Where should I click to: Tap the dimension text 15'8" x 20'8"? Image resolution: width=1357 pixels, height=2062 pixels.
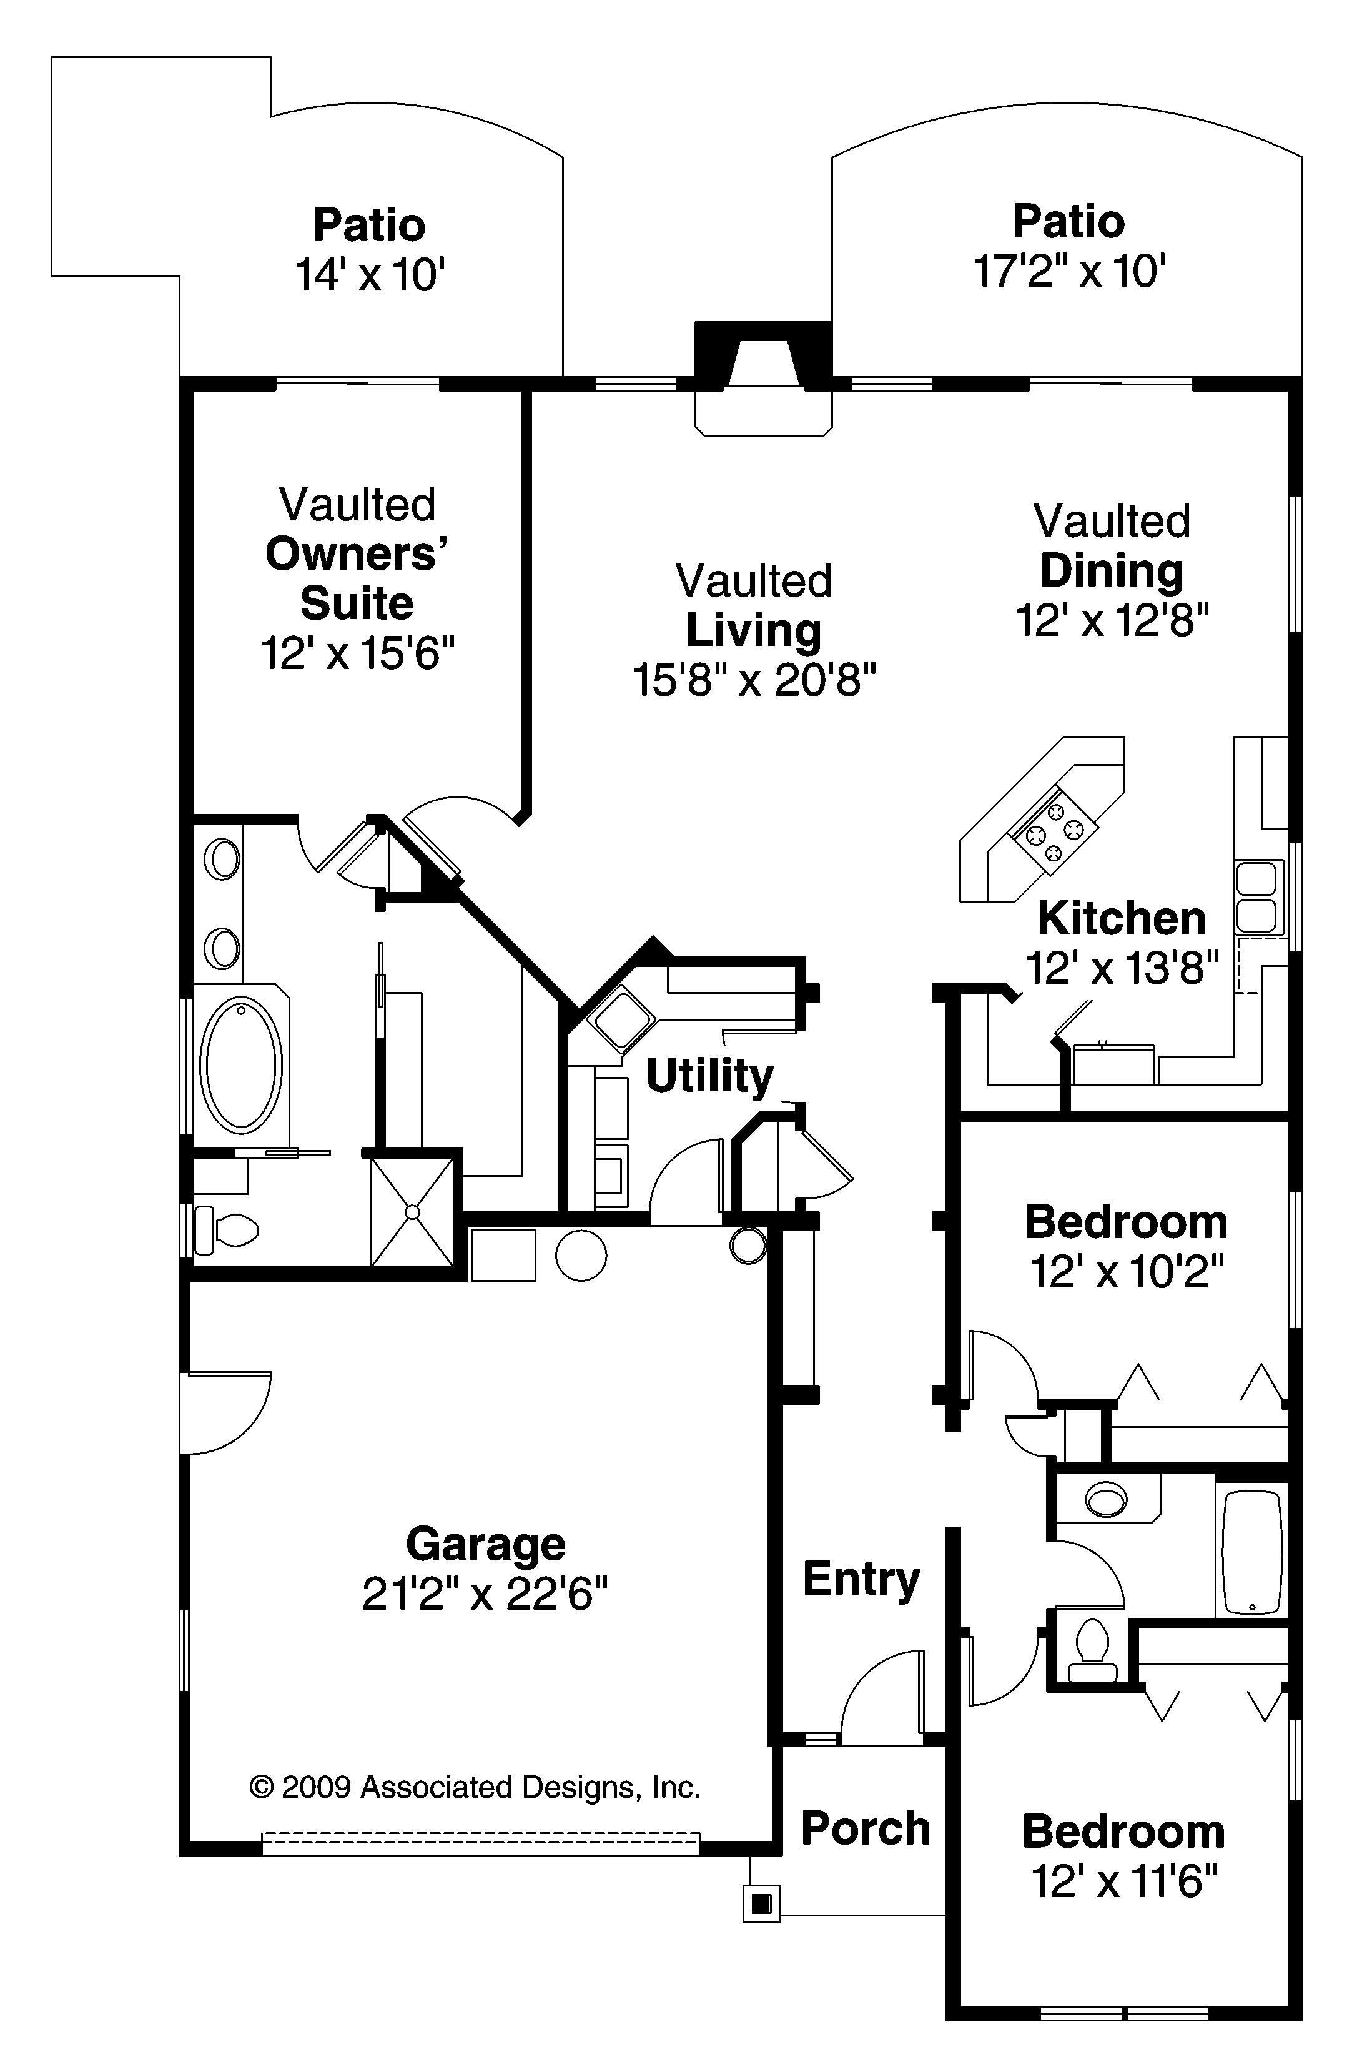pos(754,680)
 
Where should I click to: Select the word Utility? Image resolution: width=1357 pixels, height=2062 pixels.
pos(709,1076)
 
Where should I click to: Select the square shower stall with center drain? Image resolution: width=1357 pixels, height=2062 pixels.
pos(412,1211)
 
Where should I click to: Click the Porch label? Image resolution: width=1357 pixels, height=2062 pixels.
pos(865,1828)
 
